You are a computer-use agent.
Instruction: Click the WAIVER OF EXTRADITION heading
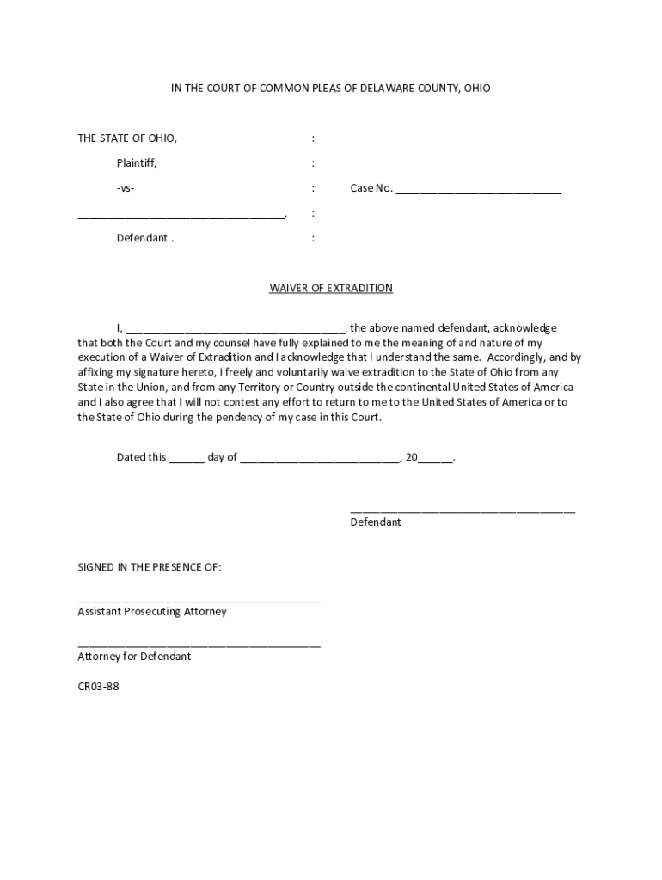coord(331,288)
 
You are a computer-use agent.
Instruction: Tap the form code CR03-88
coord(98,686)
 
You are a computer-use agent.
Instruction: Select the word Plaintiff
coord(137,163)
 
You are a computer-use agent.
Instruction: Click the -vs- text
coord(126,188)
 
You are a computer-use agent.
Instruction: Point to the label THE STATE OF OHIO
coord(127,138)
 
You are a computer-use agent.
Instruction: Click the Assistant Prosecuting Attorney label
coord(152,612)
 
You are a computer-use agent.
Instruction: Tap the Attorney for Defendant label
coord(134,657)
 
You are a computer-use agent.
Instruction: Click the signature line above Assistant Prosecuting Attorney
coord(199,600)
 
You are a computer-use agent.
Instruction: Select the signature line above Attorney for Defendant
coord(199,645)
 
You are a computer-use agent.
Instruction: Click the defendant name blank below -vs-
coord(181,216)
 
